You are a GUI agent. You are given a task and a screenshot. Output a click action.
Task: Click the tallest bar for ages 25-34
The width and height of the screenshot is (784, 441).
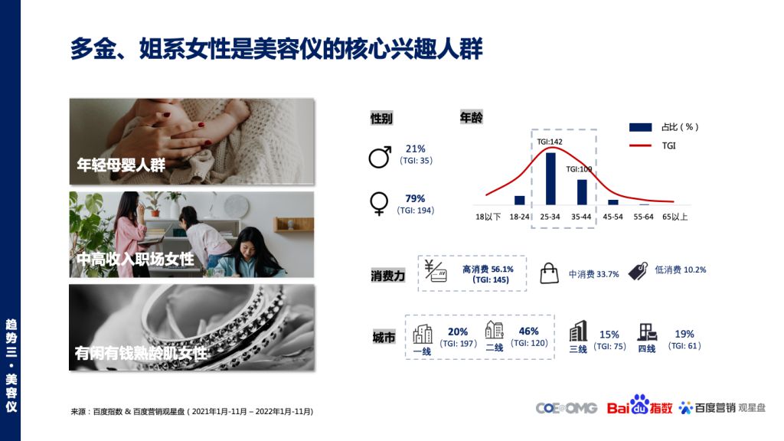550,178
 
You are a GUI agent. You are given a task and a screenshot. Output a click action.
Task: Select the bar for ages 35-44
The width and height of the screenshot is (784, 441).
582,192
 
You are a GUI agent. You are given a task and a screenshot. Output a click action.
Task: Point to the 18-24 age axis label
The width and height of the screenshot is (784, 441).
520,217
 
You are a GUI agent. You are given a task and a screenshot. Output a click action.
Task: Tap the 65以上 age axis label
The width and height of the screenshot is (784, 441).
675,217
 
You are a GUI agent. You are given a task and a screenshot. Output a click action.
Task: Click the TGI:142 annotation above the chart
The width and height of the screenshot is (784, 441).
550,142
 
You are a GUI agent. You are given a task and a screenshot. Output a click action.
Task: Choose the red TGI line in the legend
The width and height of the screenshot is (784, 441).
640,145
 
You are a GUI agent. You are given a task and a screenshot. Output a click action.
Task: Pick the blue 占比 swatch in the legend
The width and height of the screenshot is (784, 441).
640,127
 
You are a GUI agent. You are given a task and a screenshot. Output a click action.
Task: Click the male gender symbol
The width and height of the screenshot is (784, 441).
380,157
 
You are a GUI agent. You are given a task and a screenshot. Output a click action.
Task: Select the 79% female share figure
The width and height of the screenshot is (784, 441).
415,198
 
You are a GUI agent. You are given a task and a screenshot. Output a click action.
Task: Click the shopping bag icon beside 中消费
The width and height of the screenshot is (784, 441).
549,273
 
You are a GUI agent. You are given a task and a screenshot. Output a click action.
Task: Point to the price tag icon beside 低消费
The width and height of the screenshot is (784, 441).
638,271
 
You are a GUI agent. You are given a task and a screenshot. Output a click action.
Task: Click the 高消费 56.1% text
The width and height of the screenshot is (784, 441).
488,269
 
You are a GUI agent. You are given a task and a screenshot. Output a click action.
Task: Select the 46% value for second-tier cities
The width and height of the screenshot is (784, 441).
528,331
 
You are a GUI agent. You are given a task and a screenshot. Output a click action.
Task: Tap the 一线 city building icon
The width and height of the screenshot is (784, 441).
423,334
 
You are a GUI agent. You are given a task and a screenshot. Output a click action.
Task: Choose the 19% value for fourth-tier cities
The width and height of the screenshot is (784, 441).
684,334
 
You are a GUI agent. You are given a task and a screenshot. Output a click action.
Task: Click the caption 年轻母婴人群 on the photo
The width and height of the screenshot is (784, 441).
121,165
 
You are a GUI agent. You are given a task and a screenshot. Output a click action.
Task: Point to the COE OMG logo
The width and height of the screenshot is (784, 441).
567,408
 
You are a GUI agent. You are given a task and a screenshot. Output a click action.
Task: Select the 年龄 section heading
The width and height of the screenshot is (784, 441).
471,117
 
